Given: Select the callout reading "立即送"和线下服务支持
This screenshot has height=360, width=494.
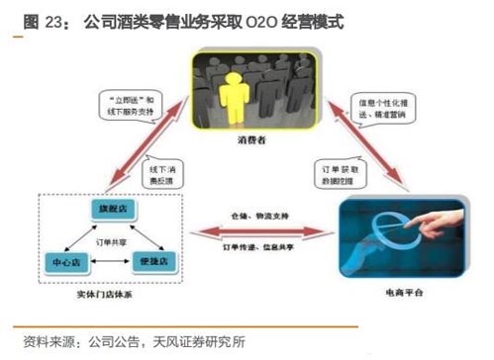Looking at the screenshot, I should tap(126, 106).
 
